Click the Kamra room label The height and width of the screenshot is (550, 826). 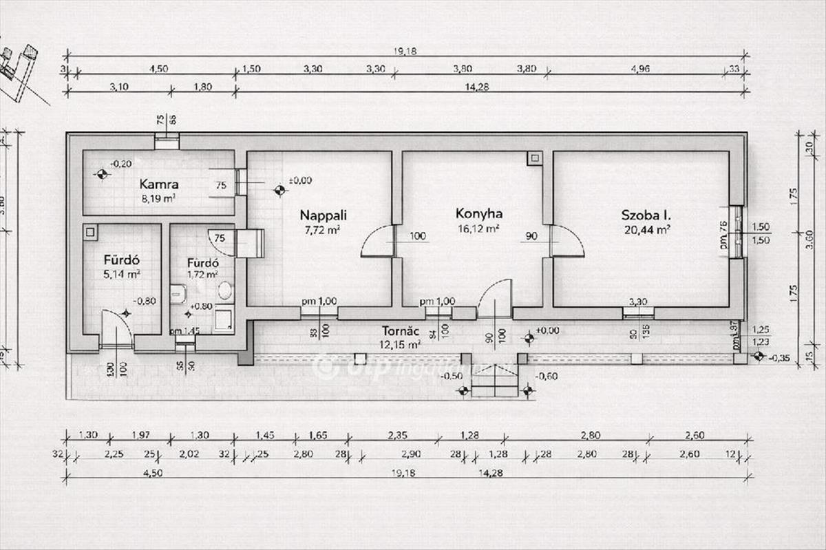coord(159,184)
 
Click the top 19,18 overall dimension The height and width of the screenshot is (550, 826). coord(407,50)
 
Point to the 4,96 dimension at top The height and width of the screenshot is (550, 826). coord(639,68)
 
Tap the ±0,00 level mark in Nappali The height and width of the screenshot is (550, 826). coord(300,180)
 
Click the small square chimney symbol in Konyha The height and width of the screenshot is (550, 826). coord(533,159)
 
